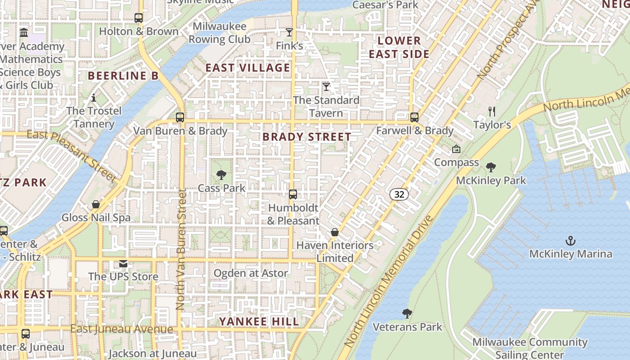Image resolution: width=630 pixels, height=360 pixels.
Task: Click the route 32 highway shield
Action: click(399, 194)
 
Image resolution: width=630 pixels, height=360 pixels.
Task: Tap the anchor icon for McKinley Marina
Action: click(570, 241)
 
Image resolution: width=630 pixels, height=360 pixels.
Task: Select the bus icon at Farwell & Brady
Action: click(414, 117)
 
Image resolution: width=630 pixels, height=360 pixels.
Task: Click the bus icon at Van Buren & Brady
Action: click(180, 117)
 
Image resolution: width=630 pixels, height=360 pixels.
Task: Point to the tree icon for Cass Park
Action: click(221, 175)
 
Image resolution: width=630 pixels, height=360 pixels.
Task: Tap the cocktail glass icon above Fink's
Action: click(289, 32)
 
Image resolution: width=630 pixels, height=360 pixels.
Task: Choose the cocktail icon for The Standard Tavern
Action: click(326, 87)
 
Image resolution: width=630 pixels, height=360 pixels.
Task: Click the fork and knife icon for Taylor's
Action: click(492, 111)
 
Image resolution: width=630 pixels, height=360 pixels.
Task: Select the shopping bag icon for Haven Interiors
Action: click(335, 232)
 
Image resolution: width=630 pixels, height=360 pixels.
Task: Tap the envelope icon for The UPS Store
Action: click(123, 264)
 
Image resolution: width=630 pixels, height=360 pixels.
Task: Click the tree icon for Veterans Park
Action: click(407, 313)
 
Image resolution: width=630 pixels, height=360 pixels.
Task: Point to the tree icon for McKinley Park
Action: click(491, 167)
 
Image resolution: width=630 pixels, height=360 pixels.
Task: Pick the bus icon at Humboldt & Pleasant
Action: click(293, 194)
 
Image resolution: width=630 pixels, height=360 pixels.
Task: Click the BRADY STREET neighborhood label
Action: click(307, 137)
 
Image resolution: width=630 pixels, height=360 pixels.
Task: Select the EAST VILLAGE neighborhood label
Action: click(248, 68)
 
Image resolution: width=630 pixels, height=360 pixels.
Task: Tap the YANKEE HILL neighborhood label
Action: click(259, 321)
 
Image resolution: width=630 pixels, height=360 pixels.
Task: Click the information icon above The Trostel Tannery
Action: click(94, 98)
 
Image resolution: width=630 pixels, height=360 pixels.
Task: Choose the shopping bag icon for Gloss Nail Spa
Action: click(96, 204)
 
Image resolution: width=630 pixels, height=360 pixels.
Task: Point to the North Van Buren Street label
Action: click(181, 250)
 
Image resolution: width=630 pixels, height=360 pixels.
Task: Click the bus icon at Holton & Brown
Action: click(139, 18)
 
